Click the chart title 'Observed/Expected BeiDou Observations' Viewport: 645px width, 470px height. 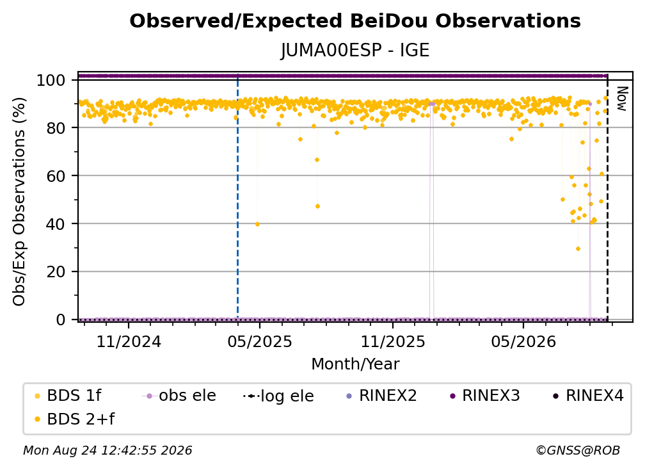click(x=355, y=21)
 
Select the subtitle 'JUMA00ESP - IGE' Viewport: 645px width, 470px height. click(x=355, y=51)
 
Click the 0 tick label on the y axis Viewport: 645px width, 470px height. click(x=61, y=320)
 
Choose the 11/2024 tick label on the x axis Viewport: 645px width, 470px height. click(x=129, y=341)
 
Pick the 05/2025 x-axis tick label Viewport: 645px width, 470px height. click(x=260, y=341)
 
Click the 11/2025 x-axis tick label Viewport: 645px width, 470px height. click(x=393, y=341)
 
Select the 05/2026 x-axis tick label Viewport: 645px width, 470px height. click(x=523, y=341)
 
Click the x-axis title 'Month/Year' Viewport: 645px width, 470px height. click(x=355, y=364)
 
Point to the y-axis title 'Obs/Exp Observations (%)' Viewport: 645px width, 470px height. click(x=19, y=202)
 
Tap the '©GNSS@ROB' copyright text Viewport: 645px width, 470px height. click(x=578, y=451)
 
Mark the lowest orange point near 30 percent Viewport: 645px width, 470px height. click(x=578, y=249)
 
